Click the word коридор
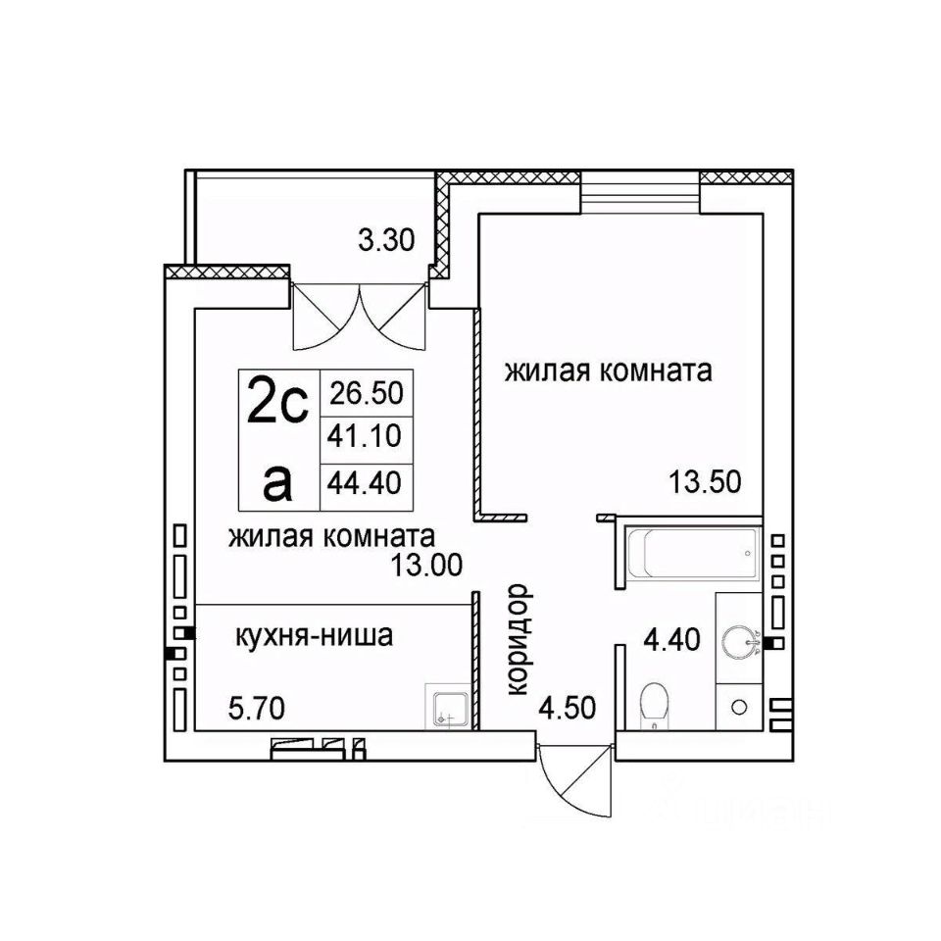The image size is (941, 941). click(x=520, y=639)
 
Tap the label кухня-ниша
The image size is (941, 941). click(x=314, y=637)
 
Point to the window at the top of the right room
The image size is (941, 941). click(x=640, y=191)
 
